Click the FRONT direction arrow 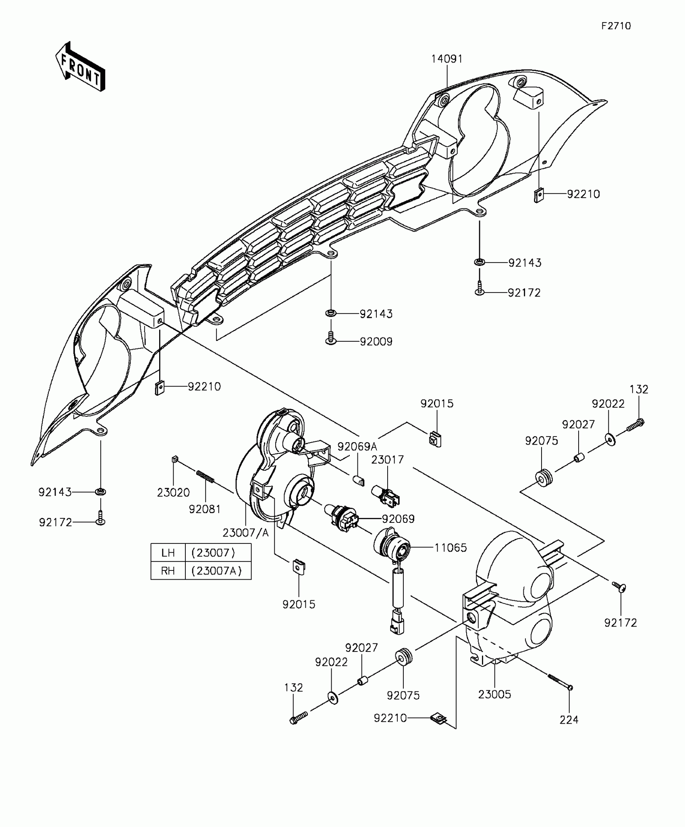tap(80, 67)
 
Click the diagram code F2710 tap(616, 26)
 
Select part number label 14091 tap(447, 59)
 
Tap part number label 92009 tap(376, 342)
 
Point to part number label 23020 tap(173, 492)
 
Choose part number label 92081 tap(205, 509)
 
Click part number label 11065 tap(450, 548)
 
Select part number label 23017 tap(387, 459)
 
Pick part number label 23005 tap(494, 694)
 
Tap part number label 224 tap(569, 720)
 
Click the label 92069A tap(357, 447)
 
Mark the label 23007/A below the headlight tap(245, 533)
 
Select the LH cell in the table tap(168, 552)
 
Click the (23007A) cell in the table tap(218, 571)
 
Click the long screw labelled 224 tap(560, 682)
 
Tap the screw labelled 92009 tap(330, 338)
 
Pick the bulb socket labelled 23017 tap(386, 496)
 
